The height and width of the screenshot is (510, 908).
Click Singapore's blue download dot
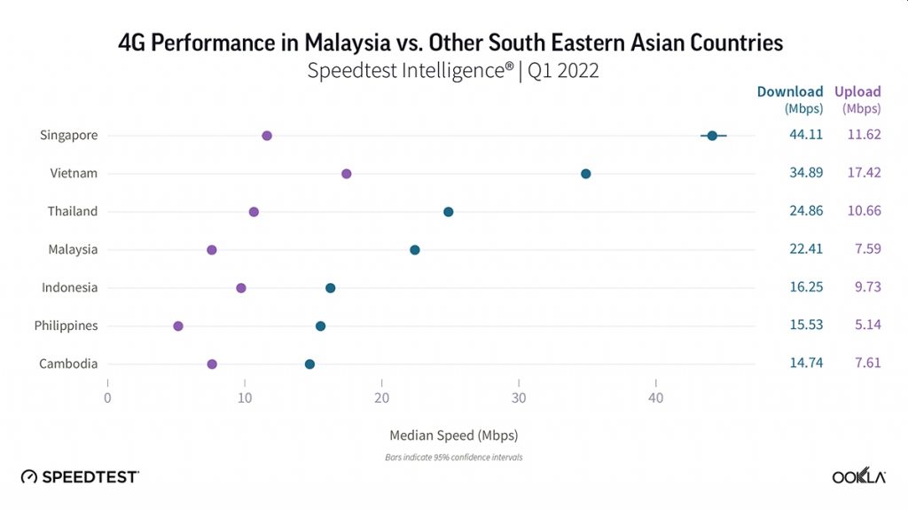(x=712, y=136)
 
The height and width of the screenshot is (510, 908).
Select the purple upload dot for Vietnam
(x=347, y=174)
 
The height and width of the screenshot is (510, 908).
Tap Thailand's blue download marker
(x=449, y=212)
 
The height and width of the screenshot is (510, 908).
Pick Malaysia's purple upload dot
(x=212, y=250)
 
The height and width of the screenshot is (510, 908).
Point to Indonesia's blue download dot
(x=331, y=288)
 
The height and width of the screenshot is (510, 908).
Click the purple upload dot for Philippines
(x=178, y=326)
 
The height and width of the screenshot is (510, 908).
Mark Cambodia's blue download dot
(x=309, y=365)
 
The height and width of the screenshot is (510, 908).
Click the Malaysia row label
(x=73, y=250)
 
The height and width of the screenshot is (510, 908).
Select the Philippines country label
(x=66, y=326)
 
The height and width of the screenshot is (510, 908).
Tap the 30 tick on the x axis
(x=519, y=398)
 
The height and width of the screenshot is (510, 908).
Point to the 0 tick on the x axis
(x=107, y=398)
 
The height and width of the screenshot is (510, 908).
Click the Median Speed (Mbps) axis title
(x=453, y=436)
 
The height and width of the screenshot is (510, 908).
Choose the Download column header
(x=789, y=91)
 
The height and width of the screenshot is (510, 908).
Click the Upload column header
(x=857, y=91)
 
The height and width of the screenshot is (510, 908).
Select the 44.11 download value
(x=806, y=136)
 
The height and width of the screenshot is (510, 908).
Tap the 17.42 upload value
(x=864, y=173)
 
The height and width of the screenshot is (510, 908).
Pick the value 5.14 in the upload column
(x=867, y=326)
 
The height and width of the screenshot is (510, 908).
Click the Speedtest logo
(x=80, y=477)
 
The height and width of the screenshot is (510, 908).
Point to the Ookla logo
(x=859, y=477)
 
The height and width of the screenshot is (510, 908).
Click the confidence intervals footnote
(x=453, y=459)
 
